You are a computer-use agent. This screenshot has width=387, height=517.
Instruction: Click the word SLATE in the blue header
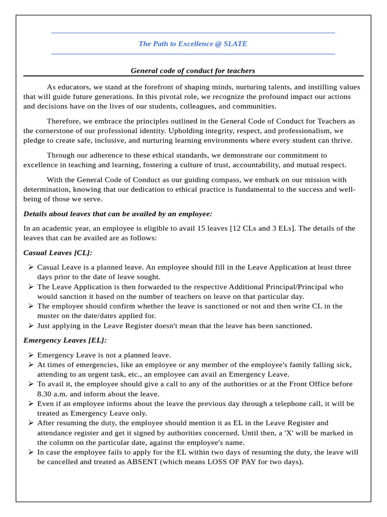(x=235, y=44)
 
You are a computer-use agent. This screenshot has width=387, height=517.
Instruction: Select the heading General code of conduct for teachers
(x=193, y=71)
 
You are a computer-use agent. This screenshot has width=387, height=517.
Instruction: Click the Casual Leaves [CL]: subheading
(x=58, y=252)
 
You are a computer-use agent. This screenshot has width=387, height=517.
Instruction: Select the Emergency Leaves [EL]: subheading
(x=65, y=340)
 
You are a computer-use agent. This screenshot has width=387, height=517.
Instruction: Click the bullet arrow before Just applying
(x=31, y=326)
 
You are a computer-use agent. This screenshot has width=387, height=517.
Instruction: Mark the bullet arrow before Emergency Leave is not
(x=31, y=355)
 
